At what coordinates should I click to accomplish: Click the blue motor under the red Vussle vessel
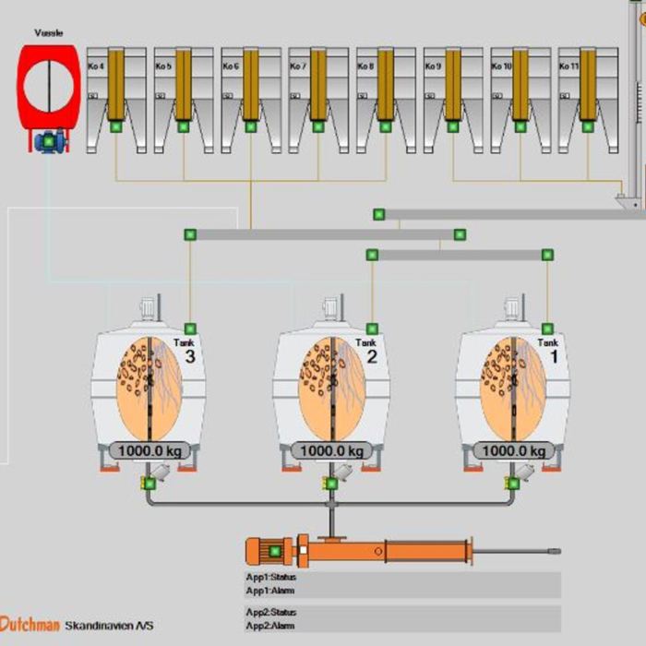pos(46,141)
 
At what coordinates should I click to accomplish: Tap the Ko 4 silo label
pos(97,66)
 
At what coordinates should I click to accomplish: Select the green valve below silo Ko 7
pos(318,126)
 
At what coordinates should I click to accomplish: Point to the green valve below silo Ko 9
pos(453,126)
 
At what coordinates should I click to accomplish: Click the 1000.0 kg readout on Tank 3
pos(149,451)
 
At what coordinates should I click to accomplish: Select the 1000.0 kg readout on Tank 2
pos(330,451)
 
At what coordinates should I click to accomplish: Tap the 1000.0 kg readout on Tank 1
pos(512,451)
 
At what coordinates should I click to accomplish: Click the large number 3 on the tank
pos(191,357)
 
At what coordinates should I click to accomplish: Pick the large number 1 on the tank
pos(554,357)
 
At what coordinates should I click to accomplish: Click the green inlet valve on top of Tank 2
pos(372,329)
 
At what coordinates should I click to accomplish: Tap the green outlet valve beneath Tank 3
pos(149,483)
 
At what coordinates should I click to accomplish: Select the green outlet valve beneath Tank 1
pos(512,483)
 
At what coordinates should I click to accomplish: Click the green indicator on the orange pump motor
pos(274,552)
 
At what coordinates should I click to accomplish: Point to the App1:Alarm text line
pos(270,590)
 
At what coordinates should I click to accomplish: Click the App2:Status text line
pos(271,612)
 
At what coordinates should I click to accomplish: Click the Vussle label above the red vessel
pos(48,33)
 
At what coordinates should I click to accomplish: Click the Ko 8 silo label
pos(366,66)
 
